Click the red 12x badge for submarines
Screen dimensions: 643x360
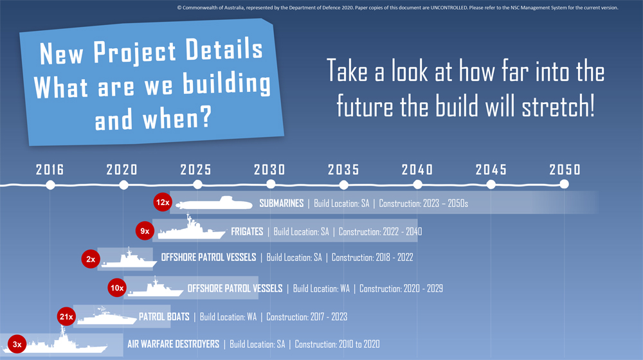[x=163, y=202]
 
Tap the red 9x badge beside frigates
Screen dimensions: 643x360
[x=145, y=231]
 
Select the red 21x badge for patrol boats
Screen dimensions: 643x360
[x=66, y=316]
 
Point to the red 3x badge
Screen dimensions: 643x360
[x=17, y=344]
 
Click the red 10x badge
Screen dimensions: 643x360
[x=117, y=288]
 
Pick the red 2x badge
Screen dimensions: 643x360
[x=91, y=259]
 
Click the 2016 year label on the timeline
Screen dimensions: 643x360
[x=50, y=170]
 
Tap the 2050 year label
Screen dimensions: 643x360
[x=565, y=170]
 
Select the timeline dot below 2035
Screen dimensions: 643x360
[x=343, y=185]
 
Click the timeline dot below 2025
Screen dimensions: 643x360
[x=197, y=185]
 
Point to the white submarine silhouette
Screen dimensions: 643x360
[x=214, y=203]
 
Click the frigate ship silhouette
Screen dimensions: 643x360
[x=192, y=228]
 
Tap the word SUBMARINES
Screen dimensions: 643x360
[x=282, y=203]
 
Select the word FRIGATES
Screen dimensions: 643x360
[x=247, y=231]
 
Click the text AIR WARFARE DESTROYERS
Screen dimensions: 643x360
[x=173, y=344]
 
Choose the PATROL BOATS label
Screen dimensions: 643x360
[x=164, y=316]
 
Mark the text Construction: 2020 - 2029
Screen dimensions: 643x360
[x=401, y=289]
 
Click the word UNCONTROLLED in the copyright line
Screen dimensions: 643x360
[x=449, y=8]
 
